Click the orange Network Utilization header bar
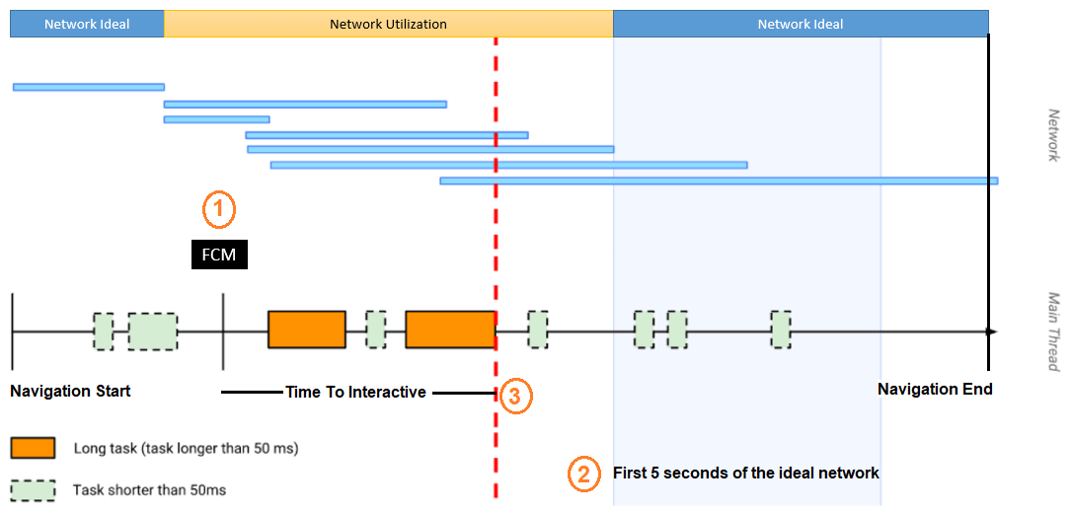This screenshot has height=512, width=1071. (x=388, y=24)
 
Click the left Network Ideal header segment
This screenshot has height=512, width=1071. (x=87, y=24)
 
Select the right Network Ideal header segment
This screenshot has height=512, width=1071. (x=801, y=24)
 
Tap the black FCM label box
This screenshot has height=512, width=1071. (x=219, y=256)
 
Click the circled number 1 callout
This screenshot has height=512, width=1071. (x=219, y=208)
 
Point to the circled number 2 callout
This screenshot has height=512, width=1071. (x=584, y=474)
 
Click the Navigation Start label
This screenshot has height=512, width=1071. (x=70, y=391)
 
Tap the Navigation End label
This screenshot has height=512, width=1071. (x=935, y=389)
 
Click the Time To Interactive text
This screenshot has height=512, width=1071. (x=355, y=392)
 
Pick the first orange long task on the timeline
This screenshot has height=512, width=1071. (x=307, y=329)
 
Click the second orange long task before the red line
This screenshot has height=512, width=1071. (x=450, y=329)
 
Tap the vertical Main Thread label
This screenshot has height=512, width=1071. (x=1053, y=331)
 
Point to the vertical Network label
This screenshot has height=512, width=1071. (x=1053, y=134)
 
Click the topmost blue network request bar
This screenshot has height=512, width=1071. (x=89, y=87)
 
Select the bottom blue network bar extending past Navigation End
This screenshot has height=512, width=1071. (x=719, y=181)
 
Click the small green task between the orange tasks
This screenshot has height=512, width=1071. (x=376, y=329)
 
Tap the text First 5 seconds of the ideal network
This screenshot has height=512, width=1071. (x=745, y=473)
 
